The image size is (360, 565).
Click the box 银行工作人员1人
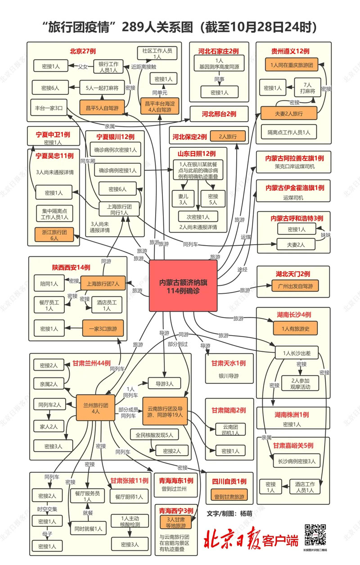[x=108, y=67]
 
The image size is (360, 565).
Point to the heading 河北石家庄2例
[x=218, y=51]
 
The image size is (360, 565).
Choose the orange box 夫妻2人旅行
[x=289, y=113]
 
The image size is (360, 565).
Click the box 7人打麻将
[x=309, y=87]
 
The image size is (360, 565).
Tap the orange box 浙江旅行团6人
[x=54, y=235]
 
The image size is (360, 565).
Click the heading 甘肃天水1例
[x=228, y=363]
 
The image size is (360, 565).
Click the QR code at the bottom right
[x=315, y=535]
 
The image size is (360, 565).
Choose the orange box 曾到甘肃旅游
[x=229, y=497]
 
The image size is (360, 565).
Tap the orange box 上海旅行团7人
[x=103, y=284]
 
